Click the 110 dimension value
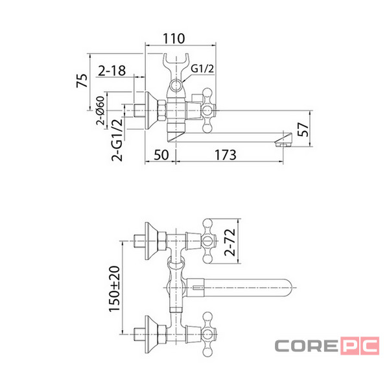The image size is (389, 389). [174, 39]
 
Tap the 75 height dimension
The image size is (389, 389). [82, 80]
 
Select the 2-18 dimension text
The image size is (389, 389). [112, 71]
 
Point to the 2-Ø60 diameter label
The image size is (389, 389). [100, 110]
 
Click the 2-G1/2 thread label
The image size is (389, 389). [117, 140]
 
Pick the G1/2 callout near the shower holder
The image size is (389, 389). [202, 69]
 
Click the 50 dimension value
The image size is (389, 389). [161, 155]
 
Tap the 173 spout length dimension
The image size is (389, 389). [225, 155]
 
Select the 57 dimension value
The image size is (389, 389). [303, 129]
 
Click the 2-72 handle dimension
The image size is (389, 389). [230, 242]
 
